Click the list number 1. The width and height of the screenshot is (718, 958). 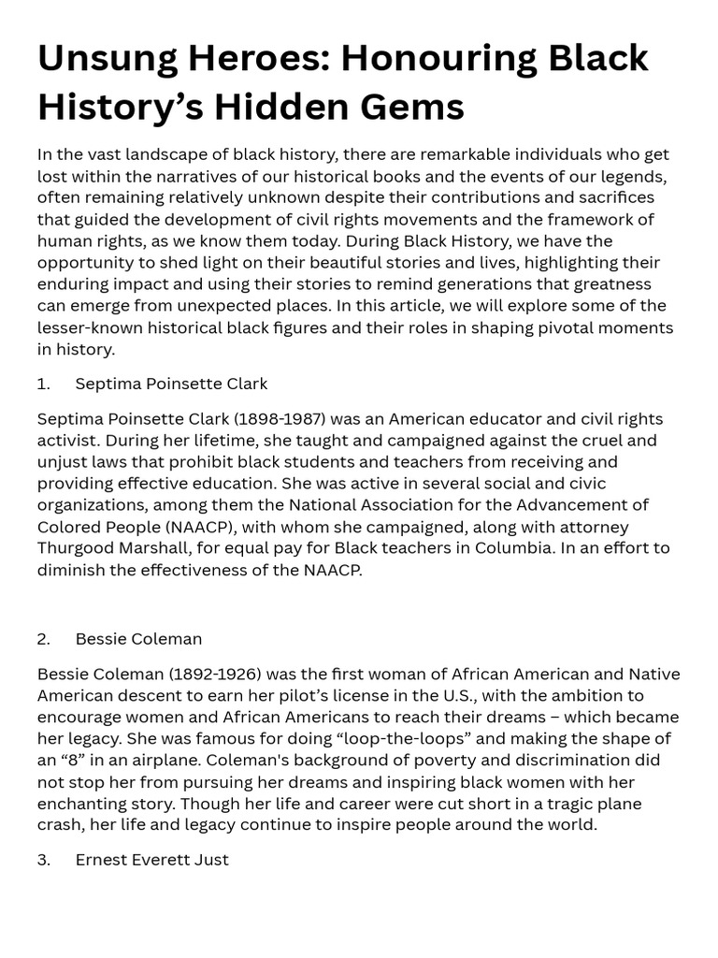point(43,384)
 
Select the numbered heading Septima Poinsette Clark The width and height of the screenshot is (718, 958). point(171,384)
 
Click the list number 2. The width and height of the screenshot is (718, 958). point(44,640)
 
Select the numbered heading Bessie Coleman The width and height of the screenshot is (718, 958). point(138,640)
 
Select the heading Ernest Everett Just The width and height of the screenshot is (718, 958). point(151,860)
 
